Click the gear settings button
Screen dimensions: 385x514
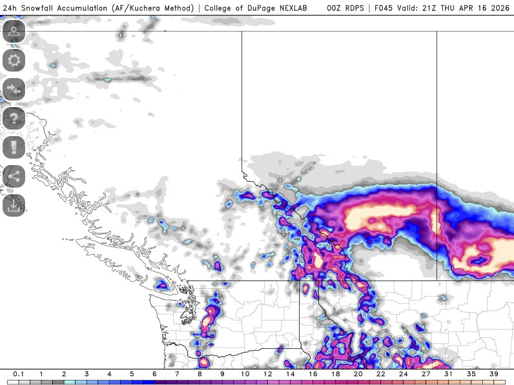click(x=14, y=61)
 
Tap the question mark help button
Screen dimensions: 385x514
click(x=14, y=119)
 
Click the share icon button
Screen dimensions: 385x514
click(x=14, y=176)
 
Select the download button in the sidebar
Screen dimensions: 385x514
click(x=14, y=205)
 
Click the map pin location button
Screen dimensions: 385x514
click(x=14, y=32)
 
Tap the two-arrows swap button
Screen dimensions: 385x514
click(x=14, y=90)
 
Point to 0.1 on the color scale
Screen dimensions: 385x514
click(x=19, y=374)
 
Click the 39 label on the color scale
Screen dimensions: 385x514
click(x=494, y=374)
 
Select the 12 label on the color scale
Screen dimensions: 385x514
click(x=267, y=374)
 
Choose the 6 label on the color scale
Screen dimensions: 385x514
click(x=154, y=374)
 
